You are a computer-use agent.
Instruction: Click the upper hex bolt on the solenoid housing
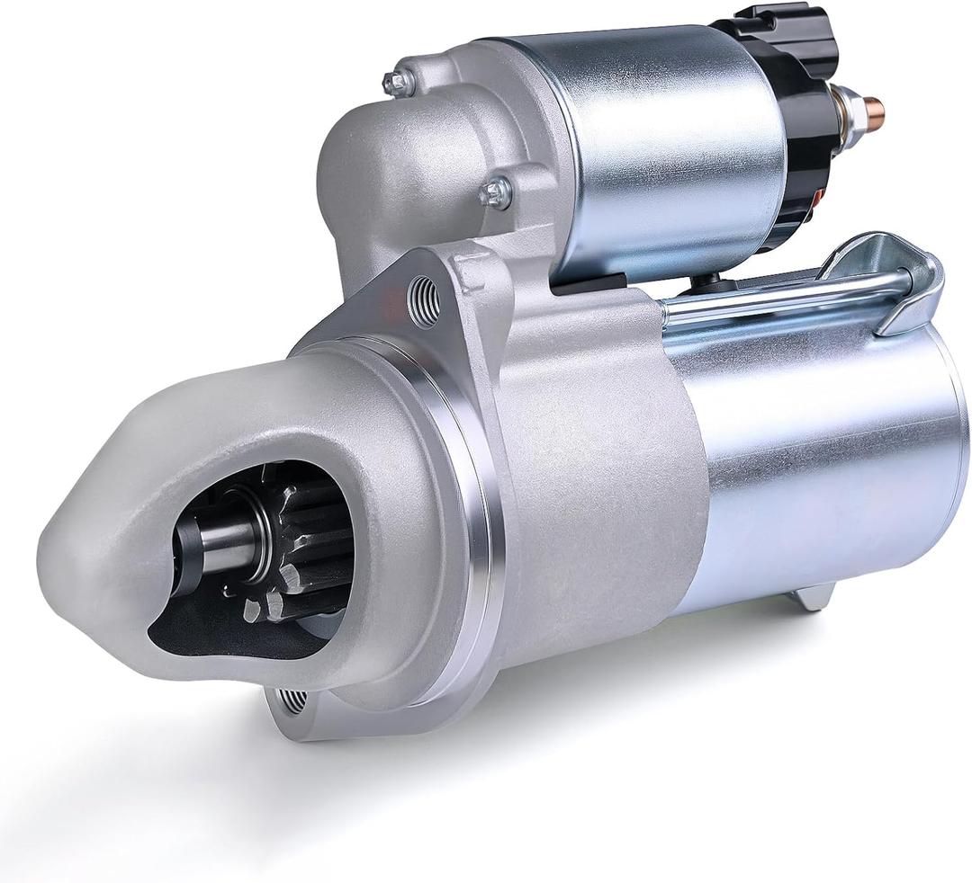[x=398, y=82]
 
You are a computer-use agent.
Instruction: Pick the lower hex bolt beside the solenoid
[x=496, y=192]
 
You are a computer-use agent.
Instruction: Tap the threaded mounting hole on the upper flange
[x=424, y=299]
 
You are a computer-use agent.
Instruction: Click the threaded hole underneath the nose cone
[x=292, y=699]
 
